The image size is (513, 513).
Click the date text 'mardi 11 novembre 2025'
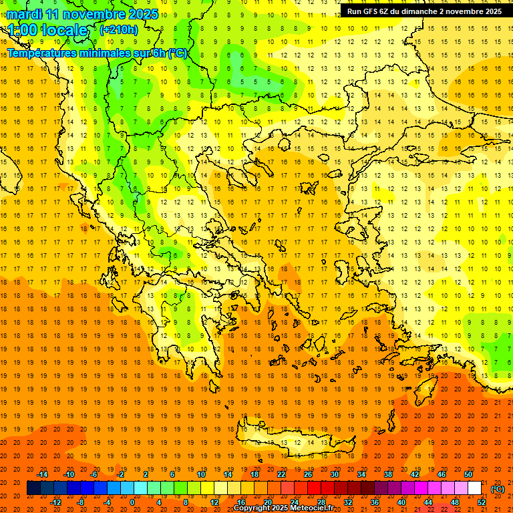point(83,14)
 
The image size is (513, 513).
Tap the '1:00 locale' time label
point(48,30)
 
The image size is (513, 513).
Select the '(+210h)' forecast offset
point(119,29)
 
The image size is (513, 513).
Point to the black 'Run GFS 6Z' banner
point(425,11)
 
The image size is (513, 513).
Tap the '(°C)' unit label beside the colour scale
point(498,489)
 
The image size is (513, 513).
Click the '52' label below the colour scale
point(482,502)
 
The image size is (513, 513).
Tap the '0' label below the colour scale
point(132,502)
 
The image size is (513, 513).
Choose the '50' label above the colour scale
point(468,474)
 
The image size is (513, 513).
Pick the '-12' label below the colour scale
point(55,502)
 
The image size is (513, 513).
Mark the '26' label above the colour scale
point(308,474)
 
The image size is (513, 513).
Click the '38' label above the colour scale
point(388,474)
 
